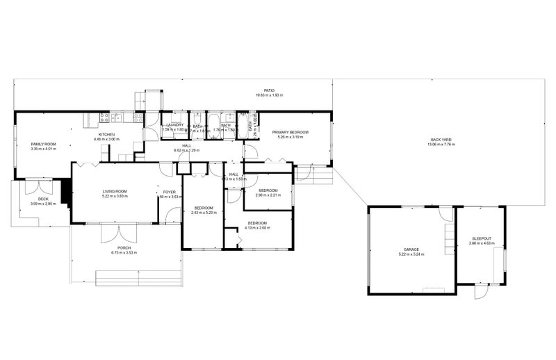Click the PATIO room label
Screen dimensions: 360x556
pos(269,90)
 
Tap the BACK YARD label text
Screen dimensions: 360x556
pos(441,140)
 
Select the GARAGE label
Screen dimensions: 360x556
pos(411,249)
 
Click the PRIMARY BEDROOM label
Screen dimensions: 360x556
pos(291,132)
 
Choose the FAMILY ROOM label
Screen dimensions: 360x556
pos(43,144)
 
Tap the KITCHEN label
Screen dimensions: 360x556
pos(107,134)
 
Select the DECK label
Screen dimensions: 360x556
pos(43,199)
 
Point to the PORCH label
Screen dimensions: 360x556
pos(124,248)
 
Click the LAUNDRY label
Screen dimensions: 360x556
pos(174,125)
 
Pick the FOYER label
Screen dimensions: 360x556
pos(169,192)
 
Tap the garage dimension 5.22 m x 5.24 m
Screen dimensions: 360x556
pos(411,254)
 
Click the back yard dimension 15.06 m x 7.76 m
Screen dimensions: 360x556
pos(441,145)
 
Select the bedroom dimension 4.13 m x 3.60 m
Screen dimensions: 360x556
pos(258,228)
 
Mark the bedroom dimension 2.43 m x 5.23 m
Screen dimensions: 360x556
pos(204,213)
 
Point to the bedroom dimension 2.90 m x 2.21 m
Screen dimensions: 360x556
pos(268,195)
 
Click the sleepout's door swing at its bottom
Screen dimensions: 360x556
pos(479,293)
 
